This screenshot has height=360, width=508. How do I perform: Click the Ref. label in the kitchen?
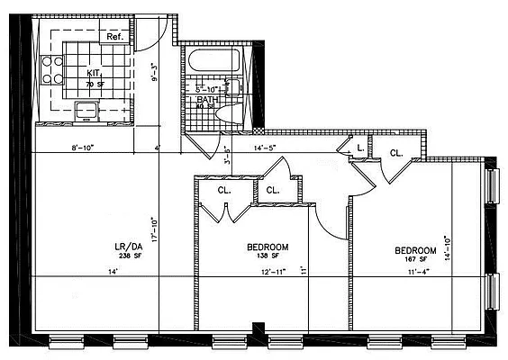pos(115,37)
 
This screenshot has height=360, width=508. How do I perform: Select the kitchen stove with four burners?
pos(50,70)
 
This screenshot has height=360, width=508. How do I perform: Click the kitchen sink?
pos(87,111)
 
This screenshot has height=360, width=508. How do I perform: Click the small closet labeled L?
pos(359,147)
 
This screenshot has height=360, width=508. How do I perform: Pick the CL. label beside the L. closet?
pos(396,154)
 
